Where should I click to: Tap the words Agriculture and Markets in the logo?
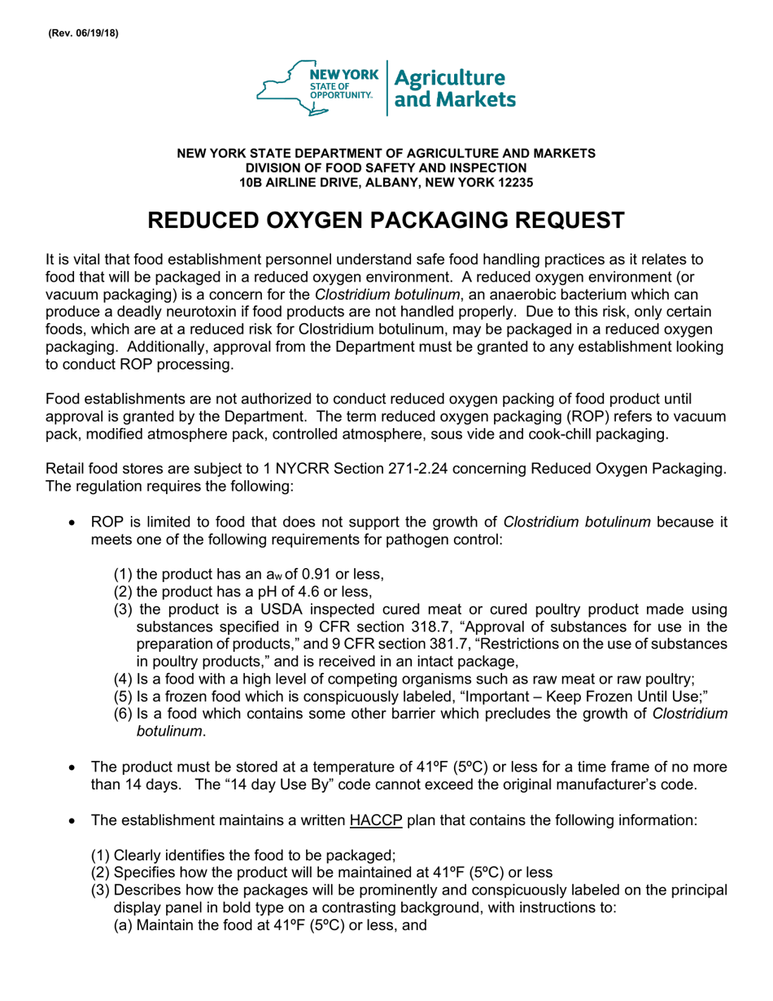454,89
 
